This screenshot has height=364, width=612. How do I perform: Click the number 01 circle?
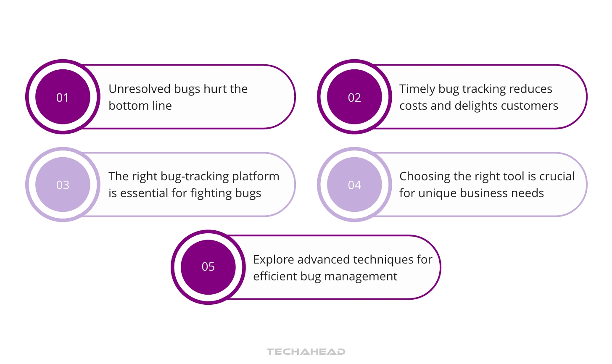pos(63,97)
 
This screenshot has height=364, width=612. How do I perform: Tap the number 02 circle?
pos(354,97)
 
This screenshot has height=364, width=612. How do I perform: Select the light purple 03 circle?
pos(63,185)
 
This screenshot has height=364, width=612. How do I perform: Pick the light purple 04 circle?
pos(354,185)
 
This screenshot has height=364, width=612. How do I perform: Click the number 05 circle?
pos(208,266)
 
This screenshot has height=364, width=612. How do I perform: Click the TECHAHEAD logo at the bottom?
pos(306,351)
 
